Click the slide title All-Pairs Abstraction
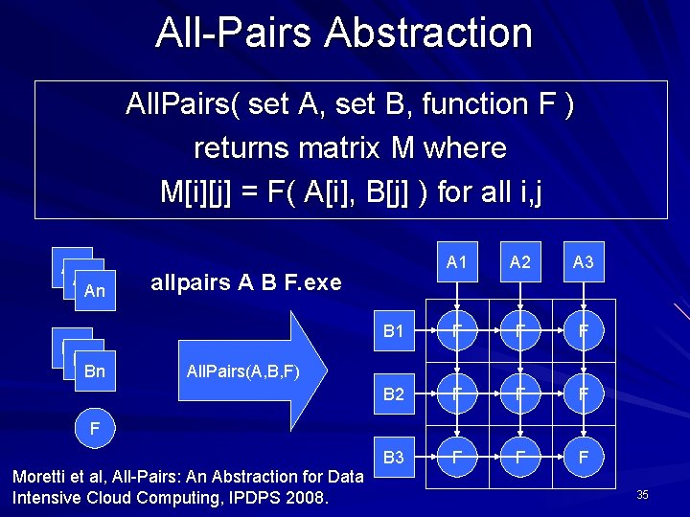(x=344, y=33)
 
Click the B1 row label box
(x=394, y=332)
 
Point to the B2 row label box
(x=394, y=394)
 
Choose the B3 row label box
(x=394, y=457)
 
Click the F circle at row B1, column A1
(x=457, y=332)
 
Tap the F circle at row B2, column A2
(x=520, y=394)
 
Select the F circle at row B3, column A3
(x=584, y=458)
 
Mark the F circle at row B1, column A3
(x=584, y=332)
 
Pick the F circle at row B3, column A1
(x=457, y=458)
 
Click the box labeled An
(x=95, y=291)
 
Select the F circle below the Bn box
(x=94, y=427)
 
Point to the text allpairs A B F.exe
(x=246, y=283)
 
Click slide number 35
(x=642, y=495)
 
